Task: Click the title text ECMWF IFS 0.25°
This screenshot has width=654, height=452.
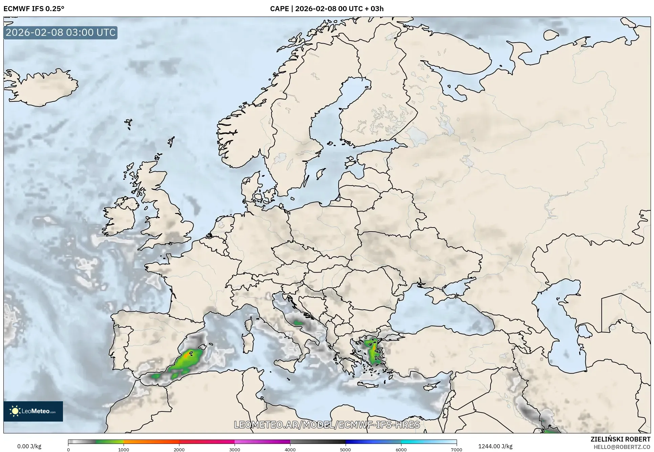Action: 34,9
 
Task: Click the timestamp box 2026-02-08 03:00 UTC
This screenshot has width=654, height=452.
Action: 61,32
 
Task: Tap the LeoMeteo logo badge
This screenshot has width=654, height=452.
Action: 33,411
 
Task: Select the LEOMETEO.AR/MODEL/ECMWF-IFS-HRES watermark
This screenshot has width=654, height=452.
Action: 327,425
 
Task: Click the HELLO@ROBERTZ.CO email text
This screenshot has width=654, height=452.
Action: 622,447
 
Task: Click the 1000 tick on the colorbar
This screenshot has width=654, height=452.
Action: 124,449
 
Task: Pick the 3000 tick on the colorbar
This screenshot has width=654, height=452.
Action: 235,449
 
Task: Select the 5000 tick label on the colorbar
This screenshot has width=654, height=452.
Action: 345,449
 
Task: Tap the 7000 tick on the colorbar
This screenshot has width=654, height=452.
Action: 456,449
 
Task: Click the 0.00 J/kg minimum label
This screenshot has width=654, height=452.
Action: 29,446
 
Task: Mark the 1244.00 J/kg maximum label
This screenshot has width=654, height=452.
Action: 495,446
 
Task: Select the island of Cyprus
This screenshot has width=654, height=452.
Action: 431,385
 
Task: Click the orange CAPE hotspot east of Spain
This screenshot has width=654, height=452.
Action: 186,356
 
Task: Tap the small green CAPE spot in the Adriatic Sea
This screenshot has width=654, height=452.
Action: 298,323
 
